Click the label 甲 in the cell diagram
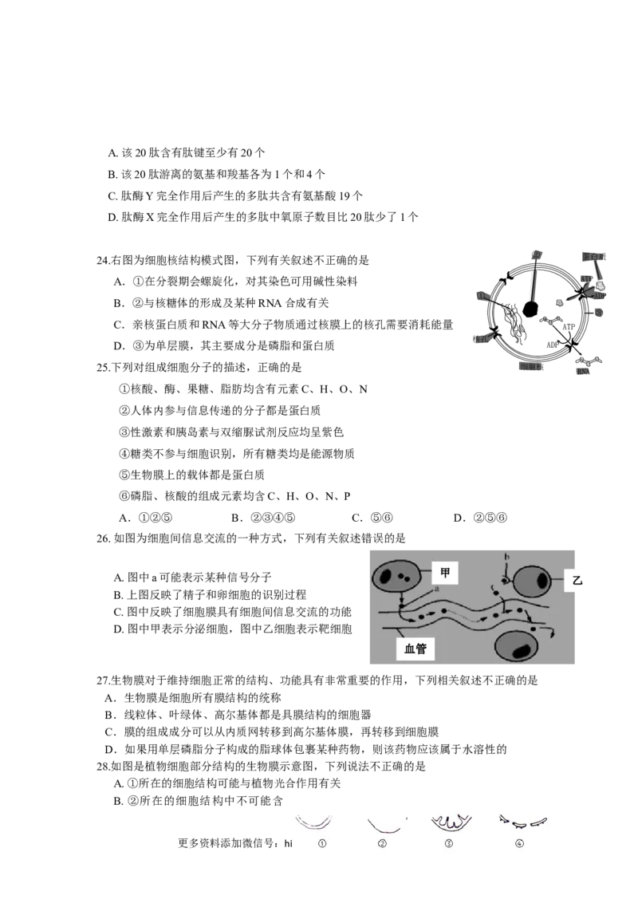(x=445, y=571)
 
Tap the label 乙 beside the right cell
(x=578, y=582)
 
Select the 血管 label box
(x=415, y=649)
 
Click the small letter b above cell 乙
(x=506, y=557)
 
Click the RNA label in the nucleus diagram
(x=585, y=370)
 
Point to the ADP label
(x=600, y=295)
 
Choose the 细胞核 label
(x=530, y=367)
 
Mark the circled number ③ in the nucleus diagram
(x=600, y=313)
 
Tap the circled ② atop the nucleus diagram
(x=537, y=255)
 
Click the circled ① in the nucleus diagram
(x=481, y=296)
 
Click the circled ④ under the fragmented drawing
(x=520, y=844)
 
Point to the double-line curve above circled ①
(x=314, y=822)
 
